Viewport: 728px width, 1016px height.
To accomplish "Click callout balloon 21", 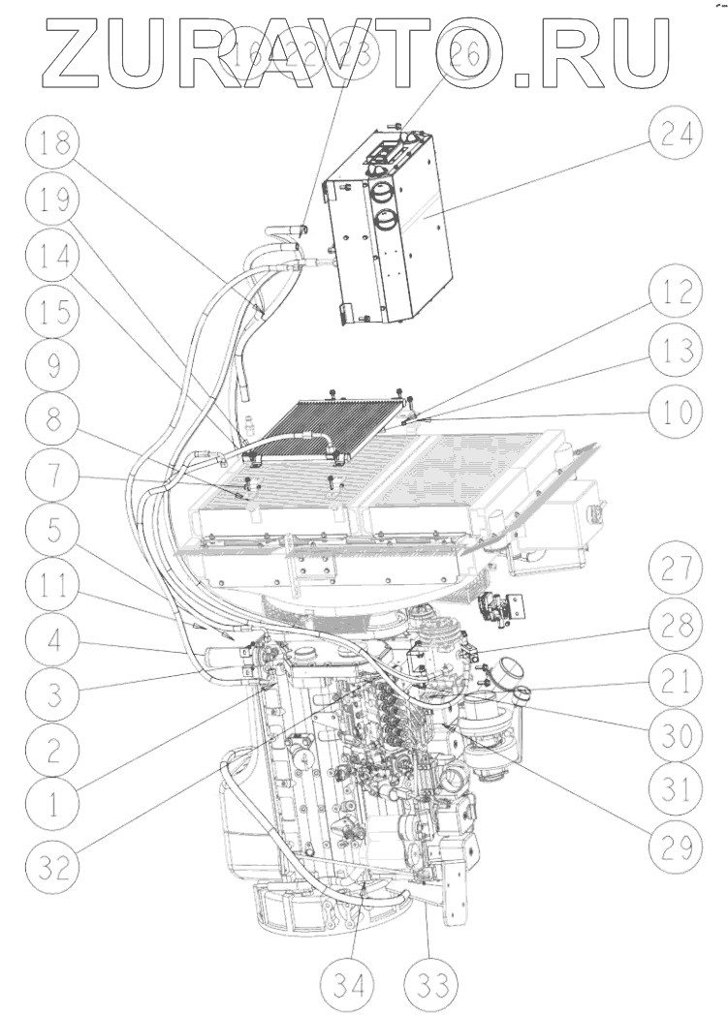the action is [x=675, y=683].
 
